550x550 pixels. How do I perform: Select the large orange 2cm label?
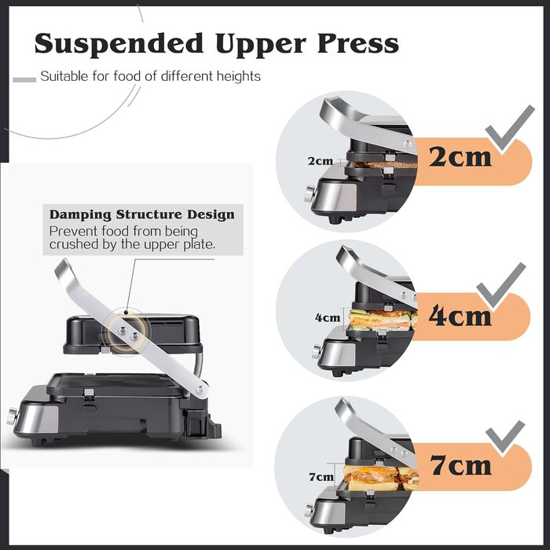460,156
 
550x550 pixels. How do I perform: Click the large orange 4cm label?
460,315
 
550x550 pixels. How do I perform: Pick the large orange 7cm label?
460,465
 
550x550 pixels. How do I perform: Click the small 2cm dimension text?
320,161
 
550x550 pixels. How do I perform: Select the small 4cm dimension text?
327,318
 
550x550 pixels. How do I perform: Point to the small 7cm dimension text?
321,476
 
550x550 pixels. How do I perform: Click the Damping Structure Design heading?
141,214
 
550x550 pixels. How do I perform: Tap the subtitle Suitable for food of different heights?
150,77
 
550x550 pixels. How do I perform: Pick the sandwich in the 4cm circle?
381,319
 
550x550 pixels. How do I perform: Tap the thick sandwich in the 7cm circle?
376,477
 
